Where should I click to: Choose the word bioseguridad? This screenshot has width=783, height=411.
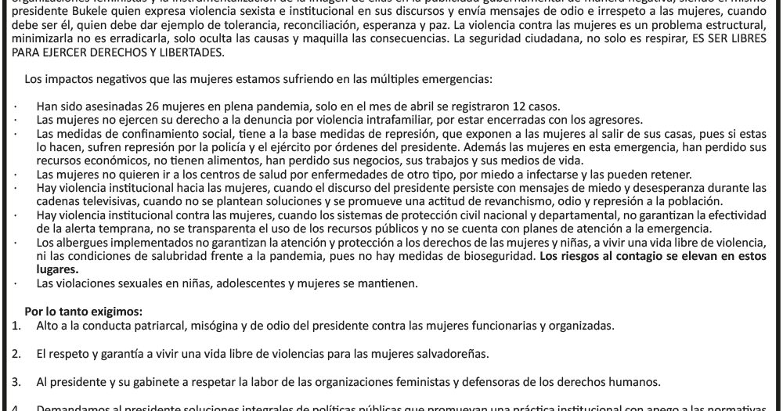click(x=489, y=255)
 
